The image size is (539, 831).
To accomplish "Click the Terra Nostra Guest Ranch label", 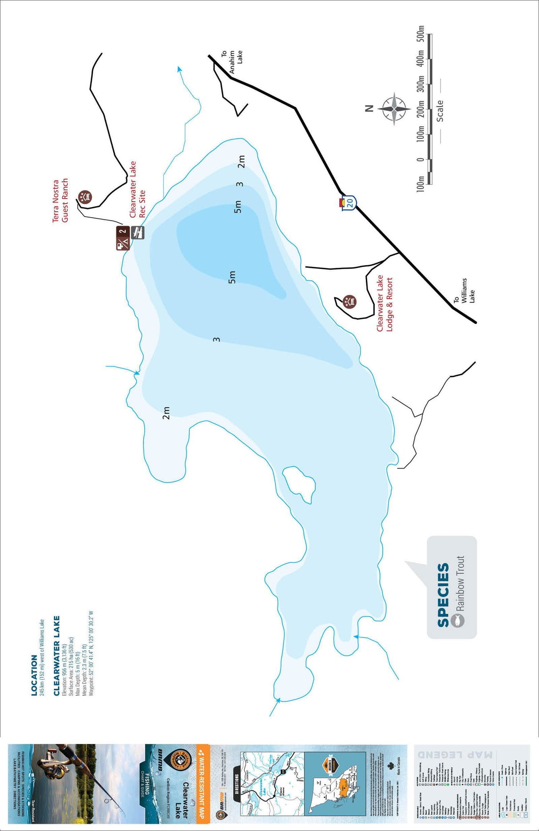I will [60, 201].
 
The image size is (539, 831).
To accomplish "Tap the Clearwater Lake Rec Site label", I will [137, 189].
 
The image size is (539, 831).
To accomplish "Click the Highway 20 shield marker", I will [349, 203].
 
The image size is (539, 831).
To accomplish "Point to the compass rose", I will [394, 109].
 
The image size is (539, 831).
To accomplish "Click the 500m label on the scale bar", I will [420, 34].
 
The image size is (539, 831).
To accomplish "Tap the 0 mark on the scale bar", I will [420, 159].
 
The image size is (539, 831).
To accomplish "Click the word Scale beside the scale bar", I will [440, 111].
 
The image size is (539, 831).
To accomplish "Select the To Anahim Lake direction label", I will [232, 62].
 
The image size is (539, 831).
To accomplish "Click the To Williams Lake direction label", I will [464, 292].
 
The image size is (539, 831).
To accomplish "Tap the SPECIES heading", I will [443, 595].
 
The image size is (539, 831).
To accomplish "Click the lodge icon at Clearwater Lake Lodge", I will [350, 301].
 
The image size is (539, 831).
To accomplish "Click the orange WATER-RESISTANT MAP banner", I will [202, 781].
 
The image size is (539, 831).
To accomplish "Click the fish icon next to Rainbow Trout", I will [457, 620].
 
